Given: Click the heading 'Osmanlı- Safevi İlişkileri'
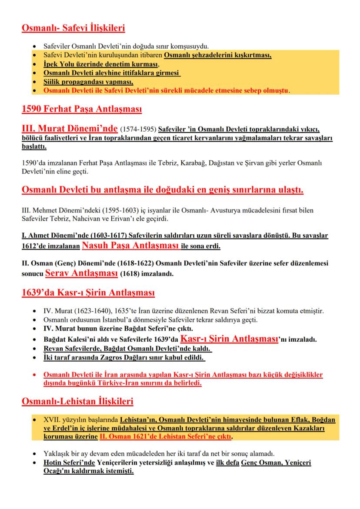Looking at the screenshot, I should (73, 29).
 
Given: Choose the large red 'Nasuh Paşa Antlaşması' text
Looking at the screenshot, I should (130, 246).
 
